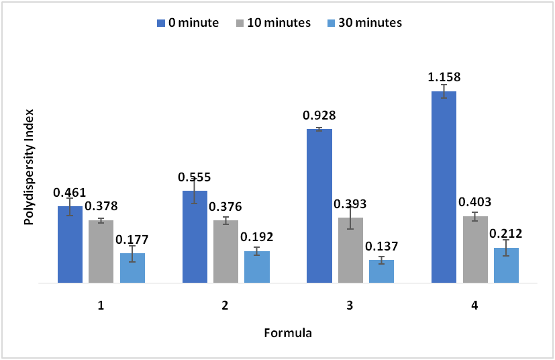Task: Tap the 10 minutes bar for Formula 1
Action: click(101, 251)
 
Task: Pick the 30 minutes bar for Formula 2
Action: click(257, 267)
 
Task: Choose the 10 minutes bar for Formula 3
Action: click(350, 250)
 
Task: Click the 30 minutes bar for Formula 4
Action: click(506, 265)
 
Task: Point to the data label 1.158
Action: click(444, 77)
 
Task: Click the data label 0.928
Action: click(319, 116)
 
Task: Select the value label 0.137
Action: click(381, 246)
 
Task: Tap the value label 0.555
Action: click(195, 177)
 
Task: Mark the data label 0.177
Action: click(132, 239)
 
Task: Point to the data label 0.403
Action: click(474, 201)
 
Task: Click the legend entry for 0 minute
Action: click(188, 23)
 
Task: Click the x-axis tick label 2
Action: click(225, 306)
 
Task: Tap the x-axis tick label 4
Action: click(474, 306)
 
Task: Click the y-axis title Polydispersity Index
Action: click(29, 166)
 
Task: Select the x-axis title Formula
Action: click(287, 332)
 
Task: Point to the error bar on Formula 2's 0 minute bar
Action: click(195, 191)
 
